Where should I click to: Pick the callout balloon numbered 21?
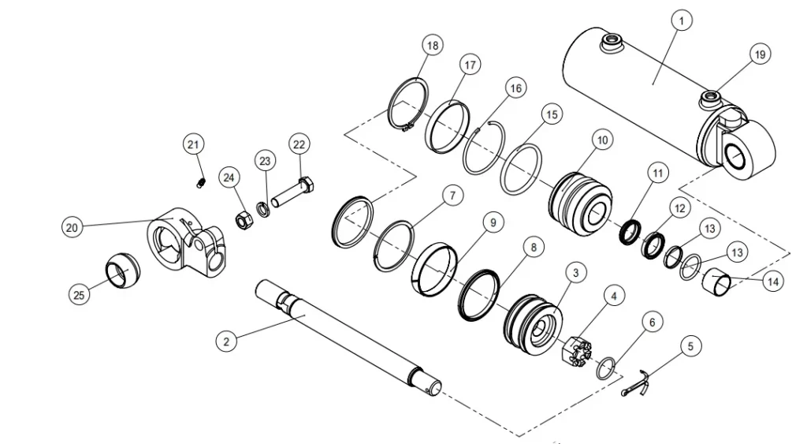[194, 144]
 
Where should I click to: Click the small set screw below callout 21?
[200, 184]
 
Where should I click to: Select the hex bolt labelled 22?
[296, 192]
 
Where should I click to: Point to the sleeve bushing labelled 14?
[719, 282]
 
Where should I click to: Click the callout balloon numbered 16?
[515, 88]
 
